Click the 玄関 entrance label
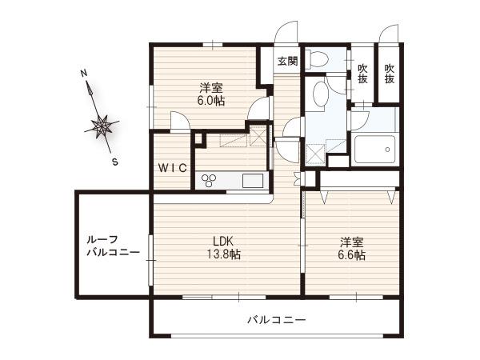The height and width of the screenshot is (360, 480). tap(287, 62)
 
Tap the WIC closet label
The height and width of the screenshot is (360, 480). tap(173, 168)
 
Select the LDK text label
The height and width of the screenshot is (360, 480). tap(223, 242)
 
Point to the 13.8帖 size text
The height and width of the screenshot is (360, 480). tap(224, 254)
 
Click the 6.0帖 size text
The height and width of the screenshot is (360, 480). tap(211, 101)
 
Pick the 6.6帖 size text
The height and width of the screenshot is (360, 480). tap(352, 255)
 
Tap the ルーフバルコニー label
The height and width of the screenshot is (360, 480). tap(113, 246)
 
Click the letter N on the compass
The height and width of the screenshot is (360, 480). tap(83, 73)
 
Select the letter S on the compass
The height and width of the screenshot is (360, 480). tap(114, 162)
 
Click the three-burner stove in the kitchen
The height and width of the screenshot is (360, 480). tap(209, 180)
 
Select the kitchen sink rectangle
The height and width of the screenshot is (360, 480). tap(253, 181)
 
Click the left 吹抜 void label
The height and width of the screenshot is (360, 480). tap(362, 74)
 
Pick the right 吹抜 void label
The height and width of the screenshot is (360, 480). tap(390, 74)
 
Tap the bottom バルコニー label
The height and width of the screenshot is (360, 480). tap(277, 320)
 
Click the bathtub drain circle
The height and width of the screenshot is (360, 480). tap(387, 150)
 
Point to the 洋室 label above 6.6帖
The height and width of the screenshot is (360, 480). tap(352, 242)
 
